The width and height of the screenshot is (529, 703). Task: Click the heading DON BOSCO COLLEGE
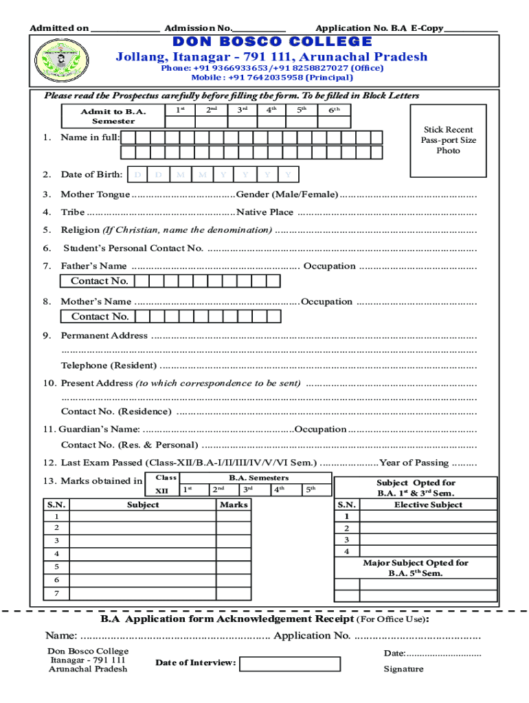point(271,42)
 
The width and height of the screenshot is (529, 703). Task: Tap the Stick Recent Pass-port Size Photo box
point(448,140)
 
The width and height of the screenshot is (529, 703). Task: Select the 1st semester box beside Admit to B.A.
point(179,116)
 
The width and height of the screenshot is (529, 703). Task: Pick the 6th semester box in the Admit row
point(333,116)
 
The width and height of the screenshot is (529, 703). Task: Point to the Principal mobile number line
point(271,78)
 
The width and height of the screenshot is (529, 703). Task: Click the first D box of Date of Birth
point(137,174)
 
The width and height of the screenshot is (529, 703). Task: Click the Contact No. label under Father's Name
point(99,281)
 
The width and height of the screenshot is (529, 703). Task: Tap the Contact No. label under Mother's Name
point(99,316)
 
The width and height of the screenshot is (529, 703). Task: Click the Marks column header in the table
point(234,505)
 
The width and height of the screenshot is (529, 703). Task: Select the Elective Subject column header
point(428,505)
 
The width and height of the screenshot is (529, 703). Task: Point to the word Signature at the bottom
point(403,669)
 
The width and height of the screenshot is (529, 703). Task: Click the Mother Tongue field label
point(95,194)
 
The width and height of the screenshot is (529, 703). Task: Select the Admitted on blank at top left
point(125,28)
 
